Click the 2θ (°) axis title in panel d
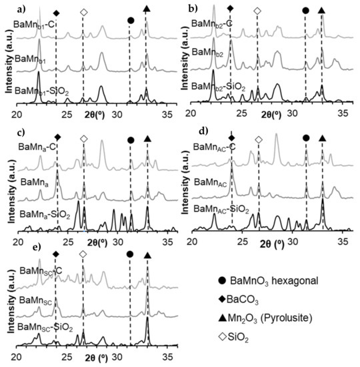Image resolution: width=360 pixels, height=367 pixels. point(273,243)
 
